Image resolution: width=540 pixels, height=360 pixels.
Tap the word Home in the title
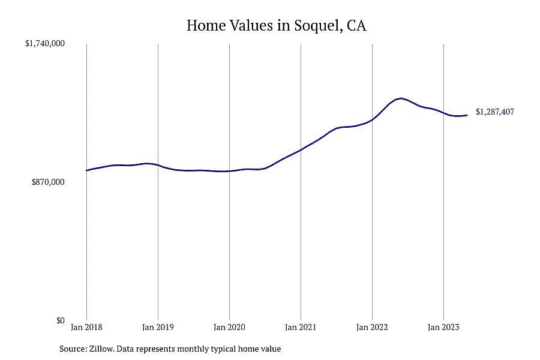(206, 25)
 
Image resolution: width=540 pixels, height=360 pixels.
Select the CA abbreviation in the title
(356, 25)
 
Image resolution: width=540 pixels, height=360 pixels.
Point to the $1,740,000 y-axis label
(45, 43)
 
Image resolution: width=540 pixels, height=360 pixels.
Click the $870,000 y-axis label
(48, 182)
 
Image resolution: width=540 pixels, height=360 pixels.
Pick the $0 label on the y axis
(60, 321)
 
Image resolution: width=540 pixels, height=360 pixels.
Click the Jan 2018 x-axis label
(86, 327)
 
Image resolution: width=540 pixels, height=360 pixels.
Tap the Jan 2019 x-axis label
(158, 327)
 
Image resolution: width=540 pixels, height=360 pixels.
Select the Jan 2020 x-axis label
(229, 327)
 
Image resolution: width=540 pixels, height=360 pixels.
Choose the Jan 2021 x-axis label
(301, 327)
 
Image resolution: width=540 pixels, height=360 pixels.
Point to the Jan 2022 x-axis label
(372, 327)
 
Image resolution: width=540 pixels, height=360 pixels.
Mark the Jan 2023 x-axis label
(443, 327)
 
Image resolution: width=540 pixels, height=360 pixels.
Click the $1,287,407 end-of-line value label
(495, 112)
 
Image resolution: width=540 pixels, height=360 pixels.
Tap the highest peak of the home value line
(401, 98)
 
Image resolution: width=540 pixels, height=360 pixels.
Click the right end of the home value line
(467, 115)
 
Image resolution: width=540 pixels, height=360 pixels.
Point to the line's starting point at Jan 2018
(86, 170)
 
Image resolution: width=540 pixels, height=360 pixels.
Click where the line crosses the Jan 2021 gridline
(301, 150)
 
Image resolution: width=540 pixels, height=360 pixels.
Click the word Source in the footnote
(73, 349)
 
